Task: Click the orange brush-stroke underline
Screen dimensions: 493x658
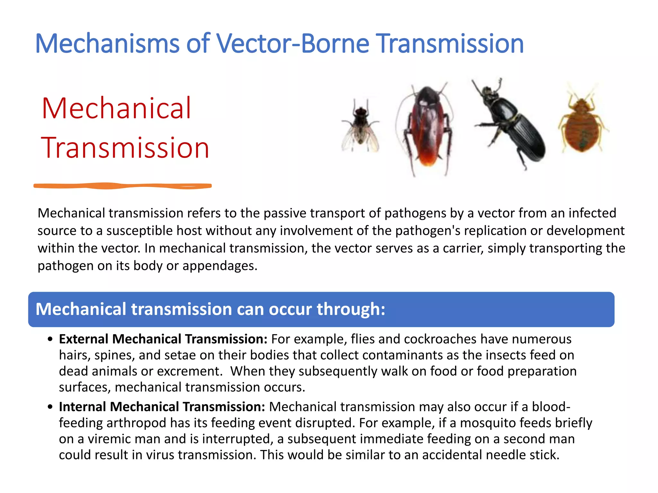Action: [122, 186]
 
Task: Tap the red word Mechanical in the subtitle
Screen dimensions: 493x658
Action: [116, 108]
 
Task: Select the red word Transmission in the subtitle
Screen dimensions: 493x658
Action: [125, 148]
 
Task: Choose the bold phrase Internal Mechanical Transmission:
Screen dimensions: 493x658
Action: [162, 407]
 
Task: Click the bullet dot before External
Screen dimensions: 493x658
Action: [50, 340]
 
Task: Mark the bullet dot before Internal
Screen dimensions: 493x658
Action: [50, 407]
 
